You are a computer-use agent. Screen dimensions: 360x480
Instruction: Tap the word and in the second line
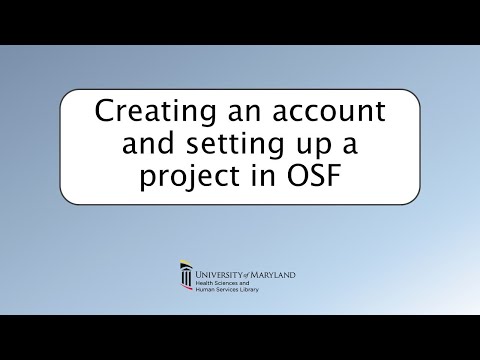(x=144, y=145)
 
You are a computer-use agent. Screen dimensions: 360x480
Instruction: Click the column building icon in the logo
(x=185, y=278)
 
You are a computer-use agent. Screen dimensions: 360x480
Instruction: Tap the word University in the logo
(x=222, y=272)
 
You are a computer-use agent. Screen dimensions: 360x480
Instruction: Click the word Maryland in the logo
(x=276, y=272)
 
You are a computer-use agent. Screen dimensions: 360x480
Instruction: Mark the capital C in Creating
(x=103, y=113)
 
